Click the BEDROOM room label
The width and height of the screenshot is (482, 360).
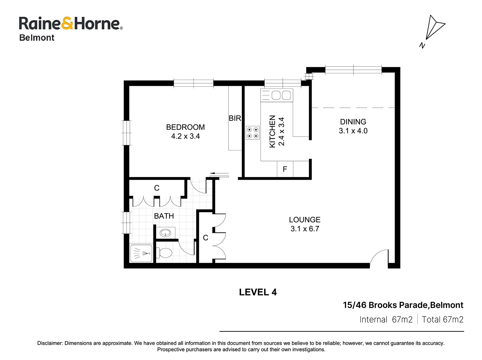tap(185, 127)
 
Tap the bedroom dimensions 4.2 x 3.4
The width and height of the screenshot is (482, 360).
tap(185, 136)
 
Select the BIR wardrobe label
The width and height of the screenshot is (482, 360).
tap(235, 118)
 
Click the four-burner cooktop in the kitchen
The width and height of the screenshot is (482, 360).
tap(253, 133)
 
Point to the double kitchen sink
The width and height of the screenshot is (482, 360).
tap(277, 95)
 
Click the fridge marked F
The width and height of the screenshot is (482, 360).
tap(285, 169)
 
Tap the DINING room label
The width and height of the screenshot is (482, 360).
tap(353, 122)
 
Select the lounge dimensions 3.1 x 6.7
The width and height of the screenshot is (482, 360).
tap(305, 229)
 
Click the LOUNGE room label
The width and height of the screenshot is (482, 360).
tap(305, 220)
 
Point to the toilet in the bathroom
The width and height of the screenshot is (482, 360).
tap(164, 253)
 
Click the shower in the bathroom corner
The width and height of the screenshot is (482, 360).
tap(141, 253)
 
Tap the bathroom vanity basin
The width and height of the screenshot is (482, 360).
tap(165, 233)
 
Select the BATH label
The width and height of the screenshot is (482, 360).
tap(164, 216)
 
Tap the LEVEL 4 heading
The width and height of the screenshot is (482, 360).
tap(258, 292)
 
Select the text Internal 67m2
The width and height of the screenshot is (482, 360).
tap(386, 319)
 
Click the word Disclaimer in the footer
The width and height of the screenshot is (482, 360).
tap(50, 343)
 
